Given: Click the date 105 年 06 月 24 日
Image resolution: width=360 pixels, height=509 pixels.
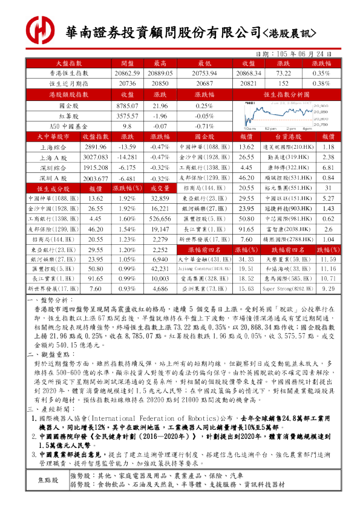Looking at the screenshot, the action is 309,53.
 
